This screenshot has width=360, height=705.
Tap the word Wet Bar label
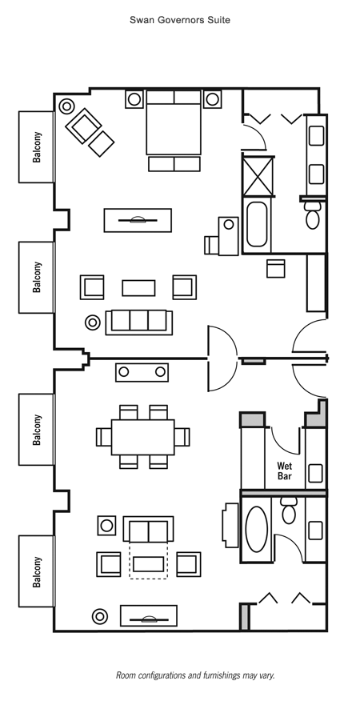[x=285, y=471]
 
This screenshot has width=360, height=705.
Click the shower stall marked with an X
[x=258, y=176]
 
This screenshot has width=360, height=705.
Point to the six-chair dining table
[x=143, y=437]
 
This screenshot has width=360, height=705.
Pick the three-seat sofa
[x=139, y=322]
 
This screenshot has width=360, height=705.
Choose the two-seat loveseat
[x=148, y=529]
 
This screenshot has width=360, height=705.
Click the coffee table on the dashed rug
[x=148, y=564]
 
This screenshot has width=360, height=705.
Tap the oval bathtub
[x=257, y=529]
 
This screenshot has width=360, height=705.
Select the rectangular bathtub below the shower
[x=257, y=224]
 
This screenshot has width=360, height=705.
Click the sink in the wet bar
[x=315, y=473]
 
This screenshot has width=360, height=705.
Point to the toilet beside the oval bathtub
[x=288, y=511]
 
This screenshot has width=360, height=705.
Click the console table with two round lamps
[x=142, y=372]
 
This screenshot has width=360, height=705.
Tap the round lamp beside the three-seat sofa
[x=93, y=322]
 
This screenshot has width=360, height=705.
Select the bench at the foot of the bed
[x=174, y=164]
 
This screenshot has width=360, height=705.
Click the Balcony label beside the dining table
[x=37, y=430]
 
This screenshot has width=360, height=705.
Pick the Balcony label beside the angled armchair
[x=37, y=146]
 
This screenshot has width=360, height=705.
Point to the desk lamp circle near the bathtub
[x=228, y=224]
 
